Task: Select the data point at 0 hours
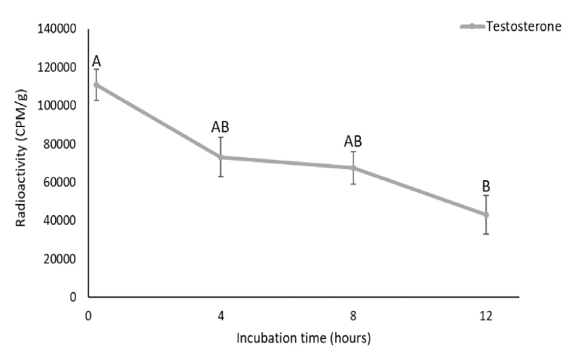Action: coord(96,85)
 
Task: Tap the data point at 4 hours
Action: coord(221,157)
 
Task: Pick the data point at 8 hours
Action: coord(353,168)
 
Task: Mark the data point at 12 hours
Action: coord(486,215)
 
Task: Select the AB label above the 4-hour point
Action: coord(220,127)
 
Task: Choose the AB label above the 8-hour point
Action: coord(353,141)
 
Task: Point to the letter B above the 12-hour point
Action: coord(486,186)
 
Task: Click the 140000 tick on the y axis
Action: coord(57,29)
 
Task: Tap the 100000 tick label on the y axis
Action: coord(57,106)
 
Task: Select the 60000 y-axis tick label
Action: coord(60,182)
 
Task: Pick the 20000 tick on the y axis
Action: coord(60,259)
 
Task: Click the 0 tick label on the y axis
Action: coord(73,297)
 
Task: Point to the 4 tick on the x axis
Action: coord(221,316)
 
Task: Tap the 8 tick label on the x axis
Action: coord(353,316)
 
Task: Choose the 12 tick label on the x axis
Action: coord(485,316)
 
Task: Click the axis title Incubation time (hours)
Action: coord(304,339)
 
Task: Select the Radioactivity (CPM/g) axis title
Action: coord(21,162)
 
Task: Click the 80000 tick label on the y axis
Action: coord(60,144)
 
